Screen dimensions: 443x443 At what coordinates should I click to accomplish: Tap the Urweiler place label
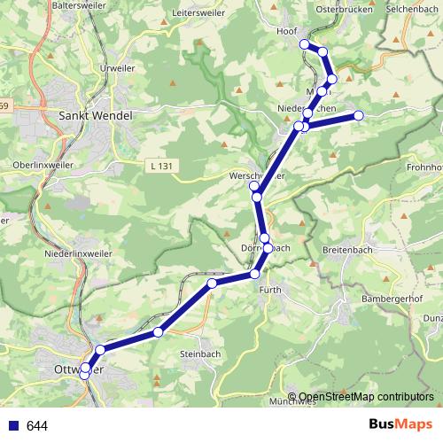click(118, 67)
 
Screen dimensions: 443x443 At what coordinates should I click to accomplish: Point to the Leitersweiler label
click(202, 13)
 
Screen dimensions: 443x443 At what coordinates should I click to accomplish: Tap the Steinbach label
click(198, 354)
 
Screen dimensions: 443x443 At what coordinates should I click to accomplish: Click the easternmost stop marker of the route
click(359, 115)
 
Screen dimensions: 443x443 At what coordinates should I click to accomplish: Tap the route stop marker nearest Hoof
click(304, 43)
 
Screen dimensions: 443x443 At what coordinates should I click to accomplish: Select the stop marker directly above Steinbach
click(158, 332)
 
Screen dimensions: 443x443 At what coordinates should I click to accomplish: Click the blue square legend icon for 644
click(13, 425)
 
